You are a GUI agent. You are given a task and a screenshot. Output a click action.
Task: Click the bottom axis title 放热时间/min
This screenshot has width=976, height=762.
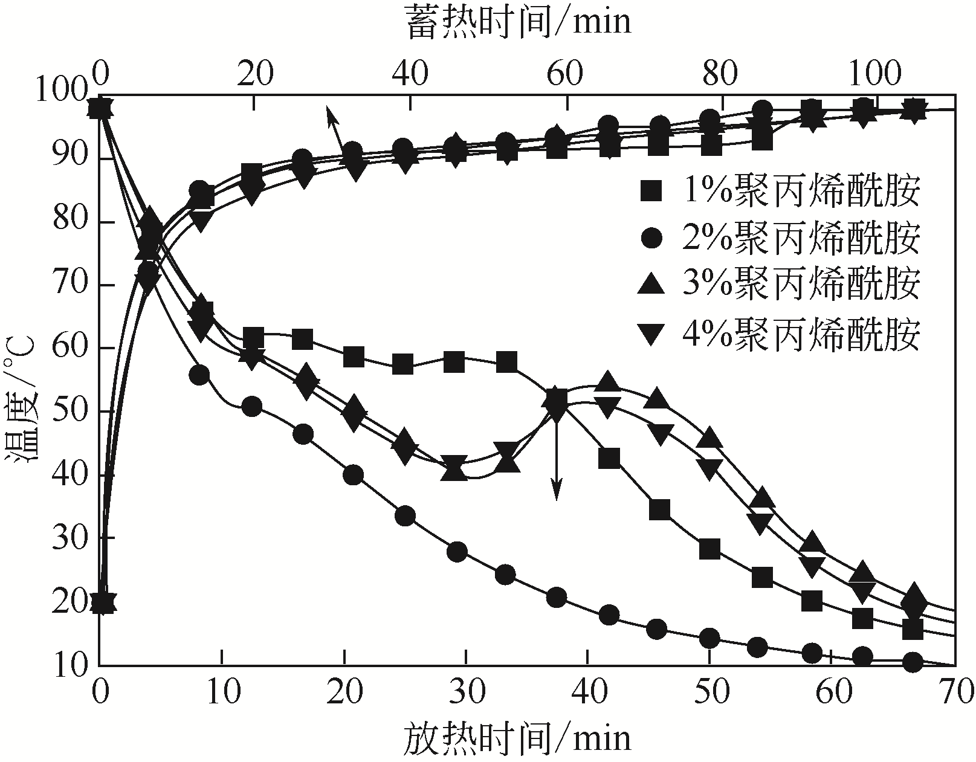(516, 738)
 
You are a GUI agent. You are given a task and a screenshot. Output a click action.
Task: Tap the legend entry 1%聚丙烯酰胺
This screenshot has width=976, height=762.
(800, 190)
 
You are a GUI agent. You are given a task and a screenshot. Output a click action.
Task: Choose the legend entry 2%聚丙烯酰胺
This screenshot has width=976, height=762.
(800, 237)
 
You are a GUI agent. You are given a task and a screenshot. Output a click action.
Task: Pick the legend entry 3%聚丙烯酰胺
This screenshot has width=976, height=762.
(800, 283)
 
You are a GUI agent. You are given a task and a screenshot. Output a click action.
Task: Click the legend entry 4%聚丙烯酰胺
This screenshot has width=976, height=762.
(800, 332)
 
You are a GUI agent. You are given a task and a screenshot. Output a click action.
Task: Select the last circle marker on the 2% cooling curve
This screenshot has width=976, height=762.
(913, 662)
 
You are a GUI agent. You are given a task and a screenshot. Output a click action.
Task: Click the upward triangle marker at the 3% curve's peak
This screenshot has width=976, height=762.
(608, 381)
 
